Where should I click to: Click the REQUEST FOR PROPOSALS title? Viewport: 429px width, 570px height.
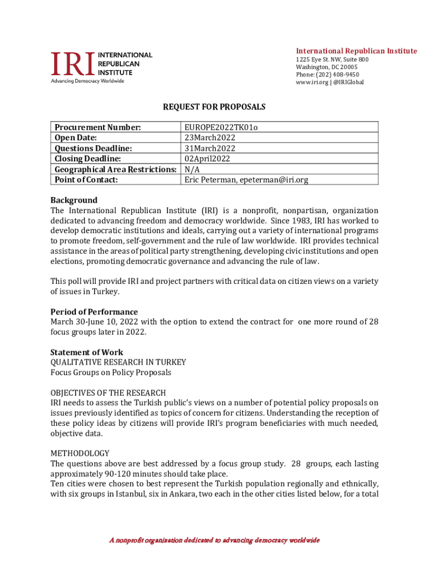[214, 107]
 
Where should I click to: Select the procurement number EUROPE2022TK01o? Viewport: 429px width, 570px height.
[221, 127]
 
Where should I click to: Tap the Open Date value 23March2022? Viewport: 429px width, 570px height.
[209, 137]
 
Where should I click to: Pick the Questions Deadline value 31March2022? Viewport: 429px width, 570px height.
[209, 148]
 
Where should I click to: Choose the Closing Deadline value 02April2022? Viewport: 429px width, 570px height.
[207, 159]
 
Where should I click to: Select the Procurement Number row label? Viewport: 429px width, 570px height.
[97, 127]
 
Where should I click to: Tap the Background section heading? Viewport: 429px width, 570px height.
[74, 200]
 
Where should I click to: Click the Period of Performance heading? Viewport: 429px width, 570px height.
[94, 312]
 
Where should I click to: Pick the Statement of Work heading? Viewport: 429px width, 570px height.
[87, 352]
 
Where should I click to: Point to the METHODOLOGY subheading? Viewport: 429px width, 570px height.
[80, 453]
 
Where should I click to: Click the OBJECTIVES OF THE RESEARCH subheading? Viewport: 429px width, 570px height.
[108, 393]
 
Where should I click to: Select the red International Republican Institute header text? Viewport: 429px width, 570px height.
[356, 51]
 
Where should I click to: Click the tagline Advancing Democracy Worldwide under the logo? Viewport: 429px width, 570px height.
[87, 81]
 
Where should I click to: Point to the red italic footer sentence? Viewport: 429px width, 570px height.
[214, 540]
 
